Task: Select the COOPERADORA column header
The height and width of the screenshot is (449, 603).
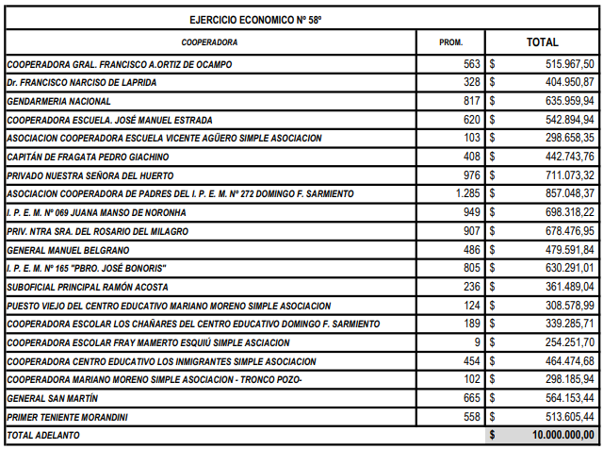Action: coord(209,42)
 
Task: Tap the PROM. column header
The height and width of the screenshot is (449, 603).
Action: coord(451,42)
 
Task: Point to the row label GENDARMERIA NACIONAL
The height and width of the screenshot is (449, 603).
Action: coord(59,101)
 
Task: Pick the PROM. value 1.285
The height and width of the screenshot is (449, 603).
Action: coord(465,194)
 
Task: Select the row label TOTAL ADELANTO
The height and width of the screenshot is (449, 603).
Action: coord(43,436)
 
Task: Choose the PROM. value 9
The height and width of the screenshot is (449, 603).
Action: coord(477,342)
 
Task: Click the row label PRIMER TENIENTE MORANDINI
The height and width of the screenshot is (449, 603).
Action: coord(67,417)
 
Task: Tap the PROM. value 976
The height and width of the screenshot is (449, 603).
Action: coord(470,175)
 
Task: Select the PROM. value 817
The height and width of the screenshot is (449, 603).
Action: coord(470,101)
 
